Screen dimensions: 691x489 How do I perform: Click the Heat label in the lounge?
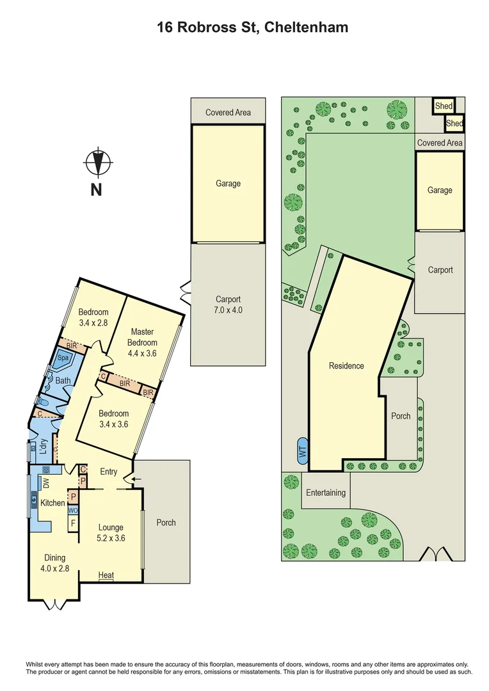coord(106,575)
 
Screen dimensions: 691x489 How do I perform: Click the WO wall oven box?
coord(74,511)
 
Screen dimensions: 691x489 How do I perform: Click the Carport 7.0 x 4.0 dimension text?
coord(228,310)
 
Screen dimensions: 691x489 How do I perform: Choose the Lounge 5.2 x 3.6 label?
coord(111,533)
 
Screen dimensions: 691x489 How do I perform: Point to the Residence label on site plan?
coord(346,366)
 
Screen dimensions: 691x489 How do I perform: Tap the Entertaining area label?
coord(325,493)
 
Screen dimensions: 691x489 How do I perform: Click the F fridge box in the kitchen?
coord(74,523)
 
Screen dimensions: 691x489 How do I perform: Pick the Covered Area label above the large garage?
coord(228,113)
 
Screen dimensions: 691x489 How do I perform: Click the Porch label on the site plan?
coord(401,416)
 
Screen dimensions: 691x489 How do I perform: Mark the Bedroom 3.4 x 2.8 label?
coord(95,317)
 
